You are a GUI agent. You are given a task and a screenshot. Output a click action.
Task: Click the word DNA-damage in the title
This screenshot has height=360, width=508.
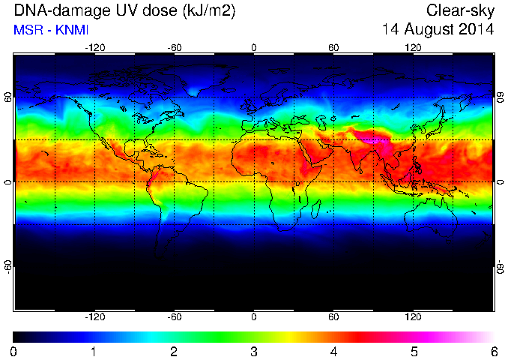58,11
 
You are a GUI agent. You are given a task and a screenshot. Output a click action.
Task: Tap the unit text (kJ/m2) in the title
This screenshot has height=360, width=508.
209,11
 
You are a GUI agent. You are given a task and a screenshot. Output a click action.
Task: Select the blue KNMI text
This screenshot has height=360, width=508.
72,30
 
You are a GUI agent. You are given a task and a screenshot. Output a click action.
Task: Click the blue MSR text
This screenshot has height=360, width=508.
27,30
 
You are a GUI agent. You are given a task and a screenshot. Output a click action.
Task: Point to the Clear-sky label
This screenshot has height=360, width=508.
460,11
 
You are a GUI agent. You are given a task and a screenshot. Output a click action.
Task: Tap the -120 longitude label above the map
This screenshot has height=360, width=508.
95,48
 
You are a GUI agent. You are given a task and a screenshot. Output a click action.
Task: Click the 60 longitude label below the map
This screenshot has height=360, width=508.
333,316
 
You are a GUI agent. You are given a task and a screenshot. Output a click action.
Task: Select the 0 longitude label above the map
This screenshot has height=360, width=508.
254,48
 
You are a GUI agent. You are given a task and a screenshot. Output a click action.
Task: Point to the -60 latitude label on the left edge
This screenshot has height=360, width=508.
8,267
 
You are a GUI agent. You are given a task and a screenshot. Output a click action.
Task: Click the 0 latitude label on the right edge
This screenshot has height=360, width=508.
501,182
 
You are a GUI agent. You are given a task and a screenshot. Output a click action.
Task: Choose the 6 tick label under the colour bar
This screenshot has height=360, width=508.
494,352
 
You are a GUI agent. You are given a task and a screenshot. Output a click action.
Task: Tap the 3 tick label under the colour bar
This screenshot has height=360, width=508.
254,352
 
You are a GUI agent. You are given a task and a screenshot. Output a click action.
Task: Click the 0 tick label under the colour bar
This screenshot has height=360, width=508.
13,352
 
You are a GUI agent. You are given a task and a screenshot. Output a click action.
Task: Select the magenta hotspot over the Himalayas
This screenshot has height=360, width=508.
376,140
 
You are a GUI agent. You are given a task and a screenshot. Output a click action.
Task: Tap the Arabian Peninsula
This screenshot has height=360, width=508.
319,151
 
